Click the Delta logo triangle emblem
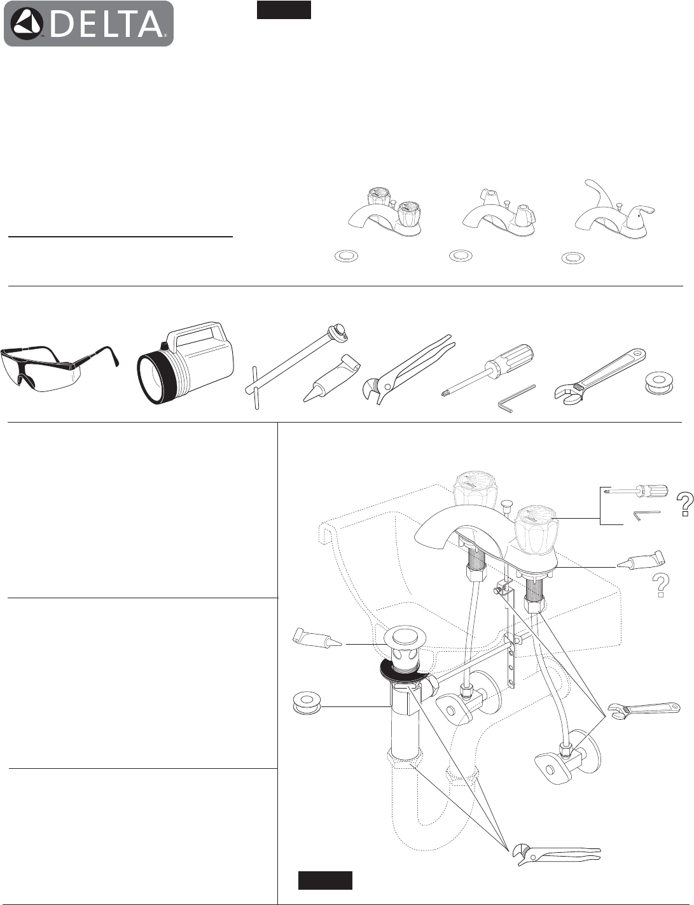pos(26,24)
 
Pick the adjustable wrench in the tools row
pos(602,374)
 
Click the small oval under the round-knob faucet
pos(347,256)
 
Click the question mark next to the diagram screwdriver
pos(685,504)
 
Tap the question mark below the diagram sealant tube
pos(660,585)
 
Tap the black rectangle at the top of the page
pos(284,10)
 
